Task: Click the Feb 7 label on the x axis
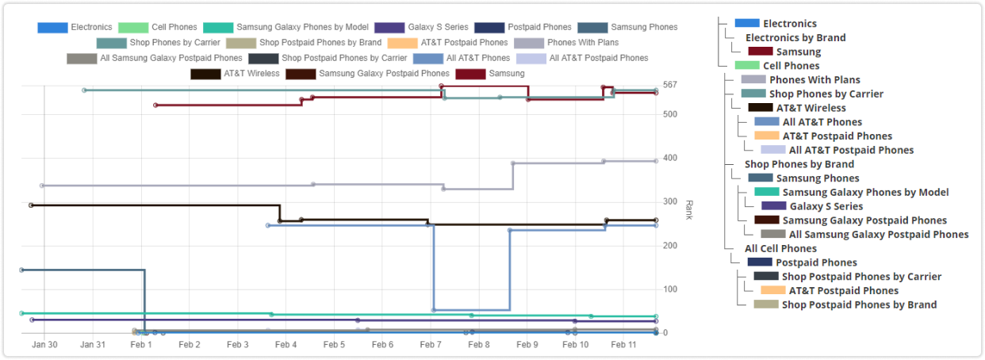click(431, 345)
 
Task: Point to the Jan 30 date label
click(44, 345)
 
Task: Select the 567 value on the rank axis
click(671, 85)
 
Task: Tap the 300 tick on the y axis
click(671, 202)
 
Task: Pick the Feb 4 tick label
click(286, 345)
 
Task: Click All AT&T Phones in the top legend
click(477, 58)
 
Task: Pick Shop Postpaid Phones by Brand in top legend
click(320, 43)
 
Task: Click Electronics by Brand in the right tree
click(795, 37)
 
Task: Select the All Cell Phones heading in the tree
click(780, 248)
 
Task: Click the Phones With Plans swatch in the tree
click(753, 79)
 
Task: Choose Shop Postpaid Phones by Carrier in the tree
click(861, 277)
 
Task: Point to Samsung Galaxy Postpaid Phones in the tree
click(864, 220)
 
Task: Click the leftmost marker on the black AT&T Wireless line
click(31, 205)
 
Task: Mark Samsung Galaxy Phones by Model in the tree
click(865, 192)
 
